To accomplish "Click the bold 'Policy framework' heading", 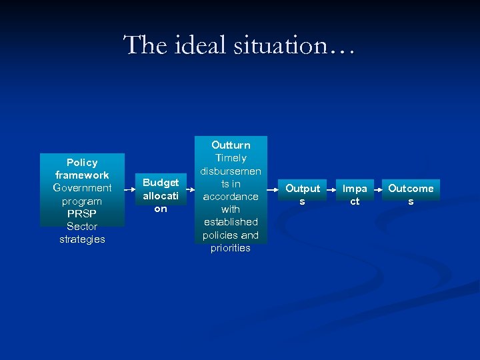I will [x=82, y=169].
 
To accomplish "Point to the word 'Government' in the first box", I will [x=82, y=188].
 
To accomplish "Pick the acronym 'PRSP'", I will [x=82, y=213].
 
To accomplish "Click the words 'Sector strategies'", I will [x=82, y=233].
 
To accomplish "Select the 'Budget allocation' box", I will [x=161, y=195].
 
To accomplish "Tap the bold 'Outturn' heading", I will [x=231, y=145].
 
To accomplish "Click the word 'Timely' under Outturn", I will [x=231, y=158].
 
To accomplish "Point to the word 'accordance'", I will [x=231, y=196].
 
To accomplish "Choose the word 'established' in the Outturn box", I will [x=231, y=221].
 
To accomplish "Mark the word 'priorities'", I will [x=231, y=247].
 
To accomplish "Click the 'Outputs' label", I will [x=302, y=195].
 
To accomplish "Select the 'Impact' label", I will [x=355, y=195].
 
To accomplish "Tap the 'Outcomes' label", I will [x=411, y=195].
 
